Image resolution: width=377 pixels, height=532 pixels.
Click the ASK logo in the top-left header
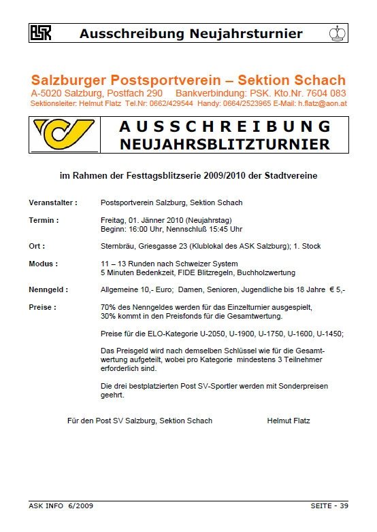click(x=39, y=32)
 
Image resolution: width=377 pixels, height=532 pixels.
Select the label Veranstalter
click(x=53, y=202)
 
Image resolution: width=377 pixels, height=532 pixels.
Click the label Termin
click(x=44, y=220)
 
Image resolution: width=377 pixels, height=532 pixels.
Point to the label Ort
click(x=37, y=246)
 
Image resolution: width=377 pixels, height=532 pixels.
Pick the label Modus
click(x=44, y=264)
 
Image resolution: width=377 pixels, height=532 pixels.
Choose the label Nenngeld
click(x=48, y=289)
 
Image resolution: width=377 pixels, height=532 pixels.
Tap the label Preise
click(x=42, y=307)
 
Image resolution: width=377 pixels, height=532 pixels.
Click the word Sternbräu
click(x=116, y=246)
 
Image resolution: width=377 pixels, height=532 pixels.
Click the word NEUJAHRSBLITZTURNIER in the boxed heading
click(x=225, y=144)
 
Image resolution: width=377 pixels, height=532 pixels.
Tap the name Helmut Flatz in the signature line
click(x=289, y=421)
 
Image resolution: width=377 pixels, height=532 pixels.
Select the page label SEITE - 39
click(x=329, y=506)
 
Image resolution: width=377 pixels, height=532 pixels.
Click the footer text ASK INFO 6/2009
click(x=61, y=506)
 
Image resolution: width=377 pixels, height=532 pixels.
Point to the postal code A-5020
click(x=46, y=92)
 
